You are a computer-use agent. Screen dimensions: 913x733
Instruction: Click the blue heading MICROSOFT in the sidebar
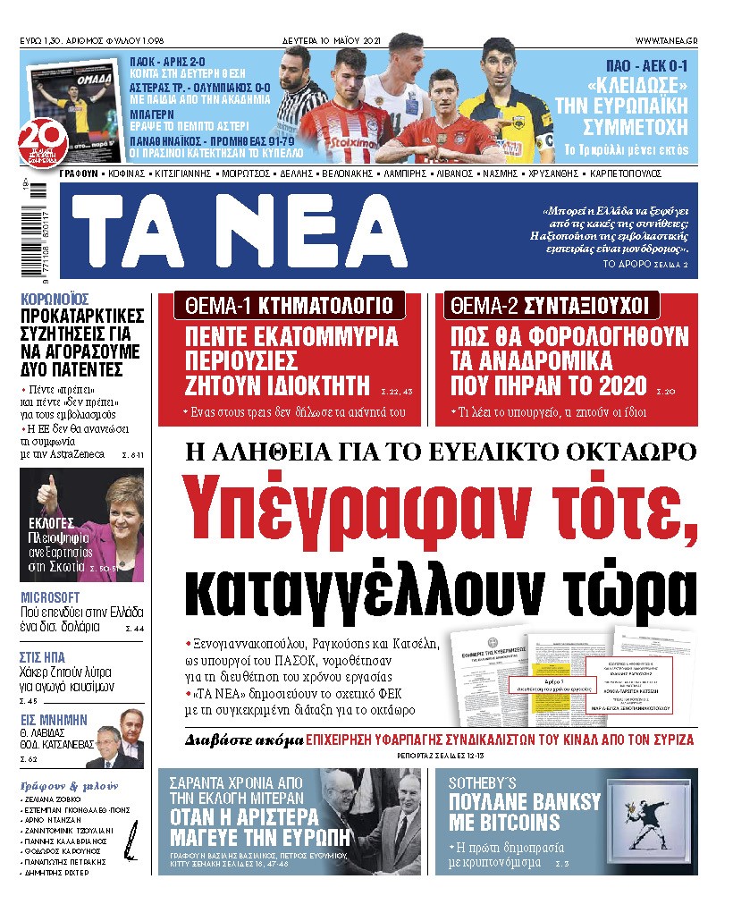coord(50,596)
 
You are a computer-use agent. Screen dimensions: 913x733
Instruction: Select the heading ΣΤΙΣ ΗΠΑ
coord(42,657)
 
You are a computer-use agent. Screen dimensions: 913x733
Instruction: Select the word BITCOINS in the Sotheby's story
coord(504,821)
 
